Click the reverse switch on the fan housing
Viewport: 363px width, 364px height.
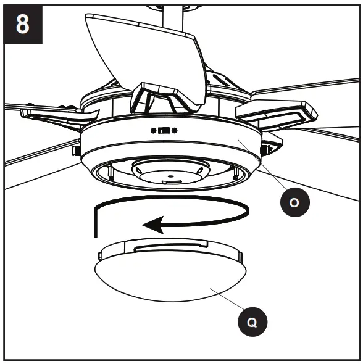(164, 130)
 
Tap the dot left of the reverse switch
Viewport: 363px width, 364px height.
(152, 130)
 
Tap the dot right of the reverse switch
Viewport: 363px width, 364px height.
(175, 130)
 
